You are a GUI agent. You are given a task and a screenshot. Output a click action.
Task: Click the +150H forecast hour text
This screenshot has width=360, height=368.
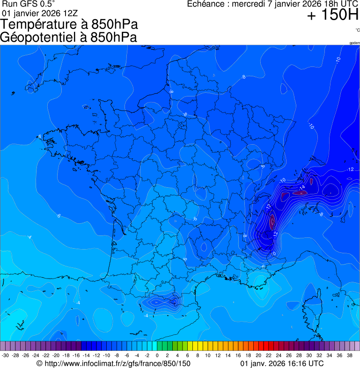(x=332, y=16)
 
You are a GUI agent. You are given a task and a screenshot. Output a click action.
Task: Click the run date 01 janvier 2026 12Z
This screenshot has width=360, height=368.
(x=40, y=13)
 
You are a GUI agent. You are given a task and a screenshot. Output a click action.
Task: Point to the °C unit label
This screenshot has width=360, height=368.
(x=357, y=30)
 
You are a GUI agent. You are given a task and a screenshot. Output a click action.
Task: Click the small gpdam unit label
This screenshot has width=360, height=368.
(x=354, y=43)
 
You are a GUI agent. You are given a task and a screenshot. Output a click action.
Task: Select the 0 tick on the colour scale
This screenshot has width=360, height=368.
(x=157, y=356)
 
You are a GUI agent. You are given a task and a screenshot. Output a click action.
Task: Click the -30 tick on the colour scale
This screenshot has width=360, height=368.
(x=5, y=356)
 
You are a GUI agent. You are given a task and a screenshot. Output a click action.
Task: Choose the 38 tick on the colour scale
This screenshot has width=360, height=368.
(x=350, y=356)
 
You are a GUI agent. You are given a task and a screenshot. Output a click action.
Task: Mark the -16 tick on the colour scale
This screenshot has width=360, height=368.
(x=76, y=356)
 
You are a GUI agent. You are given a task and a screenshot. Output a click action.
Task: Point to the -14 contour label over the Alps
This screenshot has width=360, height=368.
(x=302, y=187)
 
